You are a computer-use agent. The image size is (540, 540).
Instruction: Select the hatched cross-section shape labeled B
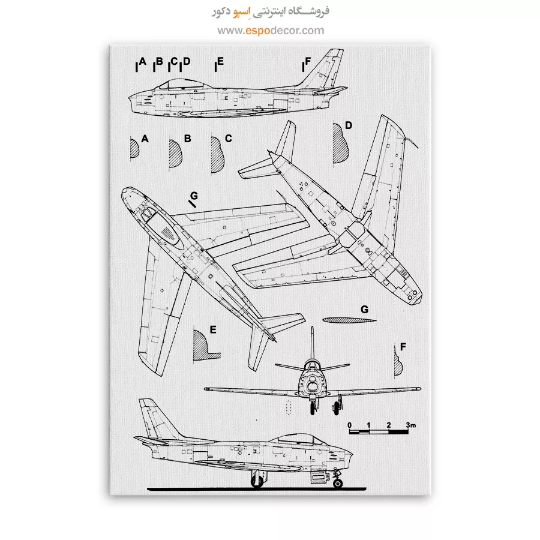(175, 154)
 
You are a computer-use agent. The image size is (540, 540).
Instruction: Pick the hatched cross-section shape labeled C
(217, 155)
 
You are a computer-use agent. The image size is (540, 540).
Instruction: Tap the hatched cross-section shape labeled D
(340, 143)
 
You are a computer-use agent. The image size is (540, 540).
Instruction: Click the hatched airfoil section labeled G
(349, 320)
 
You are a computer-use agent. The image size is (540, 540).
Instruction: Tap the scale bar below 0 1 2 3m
(379, 431)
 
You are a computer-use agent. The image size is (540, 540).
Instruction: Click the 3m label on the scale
(410, 425)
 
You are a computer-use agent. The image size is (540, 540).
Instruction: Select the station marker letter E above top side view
(220, 61)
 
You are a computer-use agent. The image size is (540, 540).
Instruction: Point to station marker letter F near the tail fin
(308, 61)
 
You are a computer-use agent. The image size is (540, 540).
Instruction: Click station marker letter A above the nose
(143, 62)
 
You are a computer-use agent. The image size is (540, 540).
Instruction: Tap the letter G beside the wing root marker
(194, 196)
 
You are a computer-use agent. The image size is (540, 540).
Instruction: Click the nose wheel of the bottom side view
(338, 484)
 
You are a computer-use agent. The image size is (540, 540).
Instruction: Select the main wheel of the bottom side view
(257, 481)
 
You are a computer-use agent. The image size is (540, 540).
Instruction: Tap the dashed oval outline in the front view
(289, 407)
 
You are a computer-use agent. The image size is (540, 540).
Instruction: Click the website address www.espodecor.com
(271, 31)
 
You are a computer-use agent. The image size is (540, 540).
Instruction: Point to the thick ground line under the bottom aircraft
(257, 489)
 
